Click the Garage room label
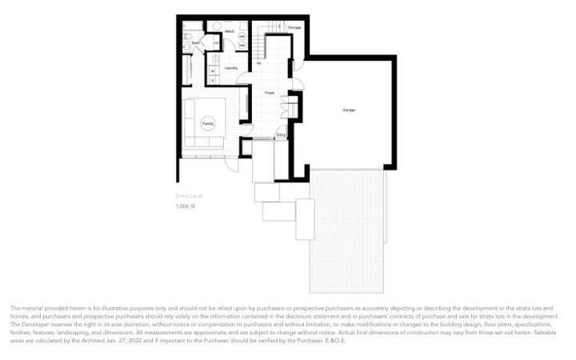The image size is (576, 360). point(349,110)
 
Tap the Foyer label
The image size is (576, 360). point(270,94)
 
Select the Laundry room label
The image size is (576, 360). point(231,68)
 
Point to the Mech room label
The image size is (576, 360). point(230,31)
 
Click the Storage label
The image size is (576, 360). point(294,27)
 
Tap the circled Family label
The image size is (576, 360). point(208,124)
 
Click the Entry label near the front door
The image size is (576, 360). point(281,135)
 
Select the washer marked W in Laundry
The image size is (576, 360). point(214,70)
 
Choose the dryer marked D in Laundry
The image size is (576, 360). point(214,79)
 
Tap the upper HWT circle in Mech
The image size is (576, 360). point(242,37)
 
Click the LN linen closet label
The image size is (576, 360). point(217,42)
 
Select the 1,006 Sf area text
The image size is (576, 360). point(186,206)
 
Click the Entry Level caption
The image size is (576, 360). point(189,195)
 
